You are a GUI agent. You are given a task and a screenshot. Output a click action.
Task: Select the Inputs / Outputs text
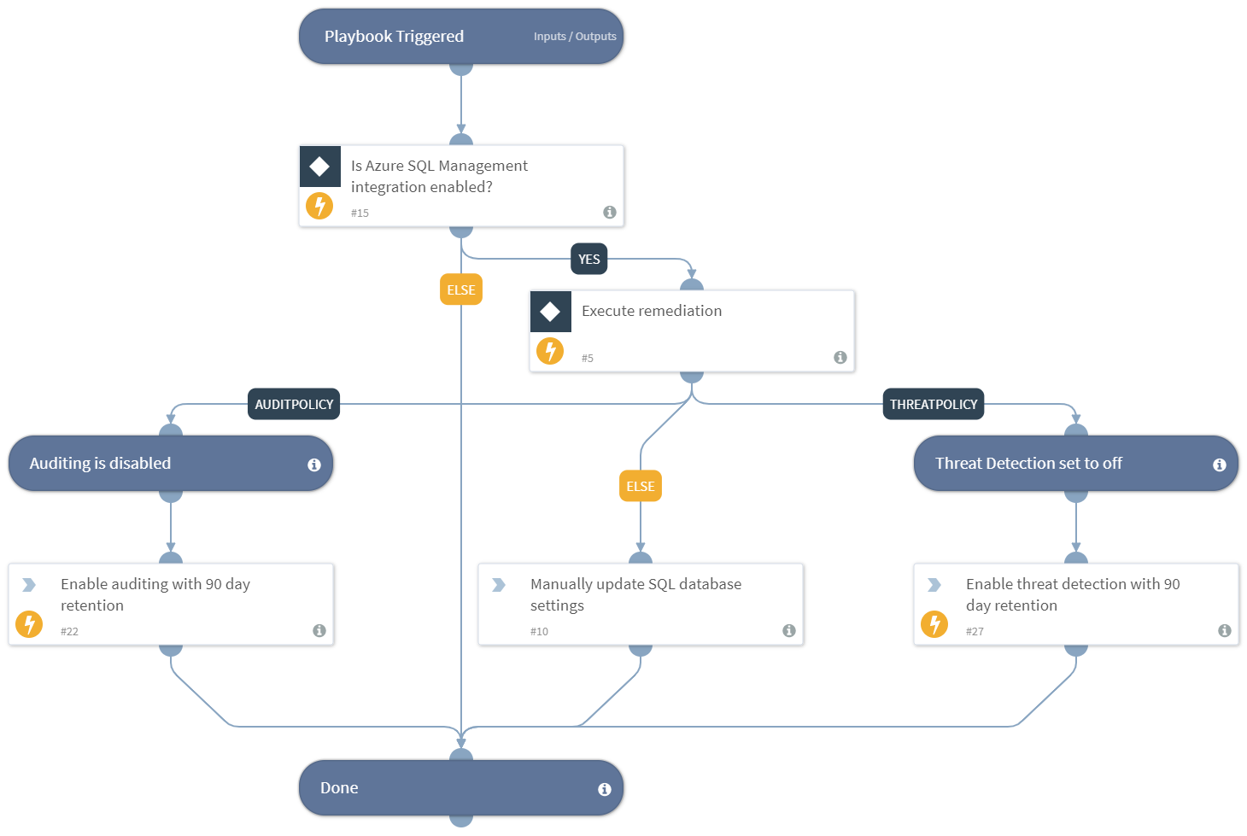click(x=575, y=37)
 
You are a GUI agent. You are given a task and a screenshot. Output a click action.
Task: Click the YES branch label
click(x=588, y=260)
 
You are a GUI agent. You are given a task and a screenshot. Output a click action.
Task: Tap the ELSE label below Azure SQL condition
click(x=461, y=289)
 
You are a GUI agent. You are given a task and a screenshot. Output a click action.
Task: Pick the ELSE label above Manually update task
click(x=641, y=486)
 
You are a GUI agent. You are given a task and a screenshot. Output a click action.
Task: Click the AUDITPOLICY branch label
click(x=294, y=404)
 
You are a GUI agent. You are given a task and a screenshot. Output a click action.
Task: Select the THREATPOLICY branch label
click(x=933, y=404)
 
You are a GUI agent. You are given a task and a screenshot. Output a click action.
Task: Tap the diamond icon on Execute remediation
click(x=551, y=312)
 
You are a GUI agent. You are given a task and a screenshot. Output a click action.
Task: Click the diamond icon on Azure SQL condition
click(x=320, y=167)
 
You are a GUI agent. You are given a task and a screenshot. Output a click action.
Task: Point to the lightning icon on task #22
click(x=29, y=624)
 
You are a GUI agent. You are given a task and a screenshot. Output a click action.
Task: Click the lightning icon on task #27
click(x=934, y=624)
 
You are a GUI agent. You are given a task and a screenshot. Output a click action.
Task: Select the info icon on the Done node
click(x=605, y=789)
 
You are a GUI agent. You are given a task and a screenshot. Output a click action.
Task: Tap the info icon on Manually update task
click(x=789, y=630)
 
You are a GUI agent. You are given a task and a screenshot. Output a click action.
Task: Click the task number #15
click(x=360, y=213)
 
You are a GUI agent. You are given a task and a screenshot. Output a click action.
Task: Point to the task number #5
click(x=588, y=358)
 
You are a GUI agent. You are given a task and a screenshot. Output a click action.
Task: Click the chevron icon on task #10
click(x=499, y=585)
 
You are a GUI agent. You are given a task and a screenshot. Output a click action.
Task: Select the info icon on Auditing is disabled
click(x=314, y=465)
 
